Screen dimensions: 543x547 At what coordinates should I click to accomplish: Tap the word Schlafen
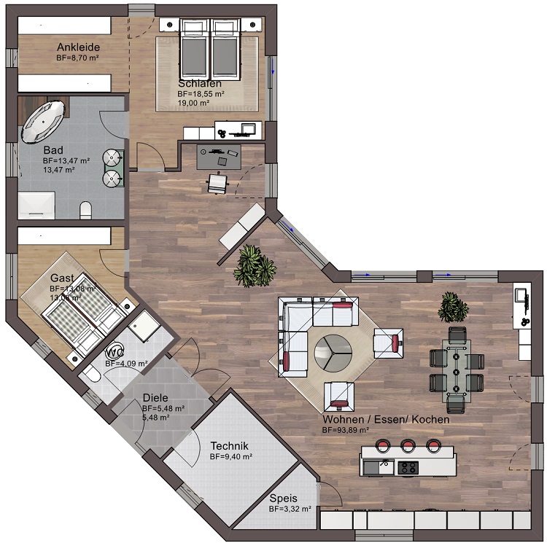[199, 84]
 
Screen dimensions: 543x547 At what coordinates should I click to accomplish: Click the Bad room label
[53, 150]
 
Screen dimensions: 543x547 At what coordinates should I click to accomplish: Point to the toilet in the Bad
[84, 211]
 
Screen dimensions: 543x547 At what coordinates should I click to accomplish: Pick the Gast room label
[62, 278]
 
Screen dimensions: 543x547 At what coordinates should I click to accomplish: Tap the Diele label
[155, 398]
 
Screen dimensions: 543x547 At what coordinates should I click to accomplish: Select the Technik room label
[230, 445]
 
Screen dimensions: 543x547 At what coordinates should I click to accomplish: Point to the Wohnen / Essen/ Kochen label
[386, 420]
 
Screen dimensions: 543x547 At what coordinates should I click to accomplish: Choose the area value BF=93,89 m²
[346, 431]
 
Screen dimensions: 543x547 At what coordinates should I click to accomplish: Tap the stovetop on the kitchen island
[407, 467]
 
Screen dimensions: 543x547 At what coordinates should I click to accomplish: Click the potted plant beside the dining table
[451, 307]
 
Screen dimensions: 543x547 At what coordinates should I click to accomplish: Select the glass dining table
[457, 368]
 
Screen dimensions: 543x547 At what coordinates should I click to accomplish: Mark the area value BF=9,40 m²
[230, 457]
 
